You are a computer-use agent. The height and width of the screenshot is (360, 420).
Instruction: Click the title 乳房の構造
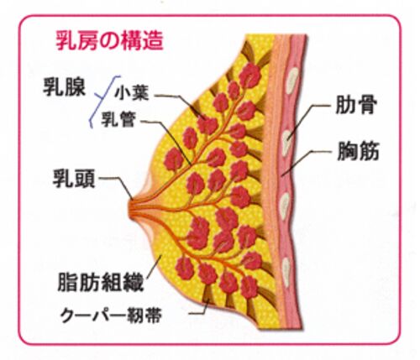click(109, 41)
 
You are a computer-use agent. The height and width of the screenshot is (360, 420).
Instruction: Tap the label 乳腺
click(64, 87)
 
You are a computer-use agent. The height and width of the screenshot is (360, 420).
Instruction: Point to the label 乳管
click(118, 120)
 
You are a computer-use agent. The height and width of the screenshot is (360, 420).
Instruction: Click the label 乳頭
click(74, 179)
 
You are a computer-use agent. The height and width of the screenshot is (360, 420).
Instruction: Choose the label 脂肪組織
click(101, 282)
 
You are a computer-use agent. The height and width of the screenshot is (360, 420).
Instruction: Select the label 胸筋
click(358, 151)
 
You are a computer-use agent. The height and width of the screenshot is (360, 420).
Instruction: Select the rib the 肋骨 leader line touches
click(287, 143)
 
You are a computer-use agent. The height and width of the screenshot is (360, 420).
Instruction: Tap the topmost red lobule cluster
click(250, 76)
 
